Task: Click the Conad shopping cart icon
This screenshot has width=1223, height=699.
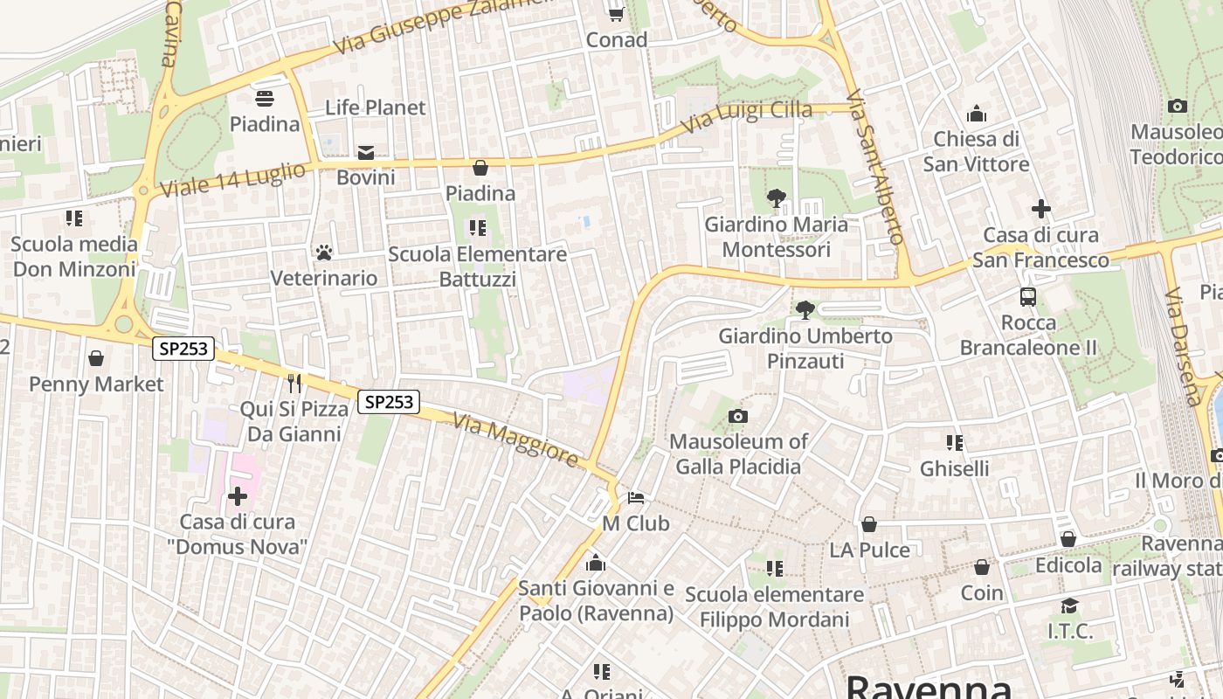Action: coord(616,13)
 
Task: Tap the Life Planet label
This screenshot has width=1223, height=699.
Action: coord(375,107)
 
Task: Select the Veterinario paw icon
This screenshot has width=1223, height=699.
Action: coord(324,253)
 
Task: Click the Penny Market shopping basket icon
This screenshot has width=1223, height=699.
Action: coord(96,359)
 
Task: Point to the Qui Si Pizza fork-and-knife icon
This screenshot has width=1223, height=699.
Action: coord(294,384)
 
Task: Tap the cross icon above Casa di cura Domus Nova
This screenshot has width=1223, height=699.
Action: coord(237,497)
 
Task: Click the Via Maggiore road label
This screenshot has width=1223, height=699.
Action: coord(515,440)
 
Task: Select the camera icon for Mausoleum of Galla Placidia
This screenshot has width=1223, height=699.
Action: coord(738,417)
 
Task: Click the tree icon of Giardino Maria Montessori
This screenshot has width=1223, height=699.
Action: coord(775,199)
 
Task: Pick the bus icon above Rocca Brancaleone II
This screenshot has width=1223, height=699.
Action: coord(1028,297)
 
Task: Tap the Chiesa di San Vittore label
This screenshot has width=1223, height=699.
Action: coord(976,151)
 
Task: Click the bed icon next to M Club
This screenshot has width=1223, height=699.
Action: coord(636,499)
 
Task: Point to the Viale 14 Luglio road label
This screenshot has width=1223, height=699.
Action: coord(232,179)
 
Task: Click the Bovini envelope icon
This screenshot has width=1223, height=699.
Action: coord(366,153)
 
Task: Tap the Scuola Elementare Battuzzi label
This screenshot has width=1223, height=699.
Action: coord(477,266)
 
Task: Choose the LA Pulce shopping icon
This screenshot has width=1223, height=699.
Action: coord(869,525)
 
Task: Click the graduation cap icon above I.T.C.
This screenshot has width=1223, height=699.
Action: coord(1069,606)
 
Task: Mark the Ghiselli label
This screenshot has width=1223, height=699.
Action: coord(954,468)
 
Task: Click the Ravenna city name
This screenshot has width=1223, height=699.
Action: coord(928,686)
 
